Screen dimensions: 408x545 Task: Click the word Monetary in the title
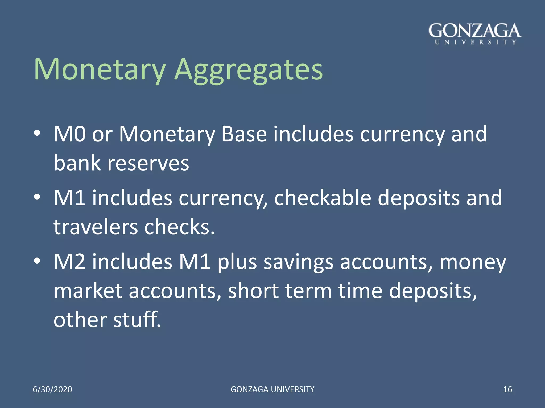[100, 70]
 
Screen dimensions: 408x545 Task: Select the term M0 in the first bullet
[70, 134]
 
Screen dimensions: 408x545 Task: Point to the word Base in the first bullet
[244, 134]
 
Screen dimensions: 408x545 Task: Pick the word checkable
[323, 198]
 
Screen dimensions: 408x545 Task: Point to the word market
[88, 291]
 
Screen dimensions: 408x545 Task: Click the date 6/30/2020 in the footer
[52, 389]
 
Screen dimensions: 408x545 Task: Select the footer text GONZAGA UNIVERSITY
[272, 389]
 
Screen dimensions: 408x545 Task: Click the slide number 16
[507, 389]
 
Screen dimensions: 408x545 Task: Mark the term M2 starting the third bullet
[70, 262]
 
